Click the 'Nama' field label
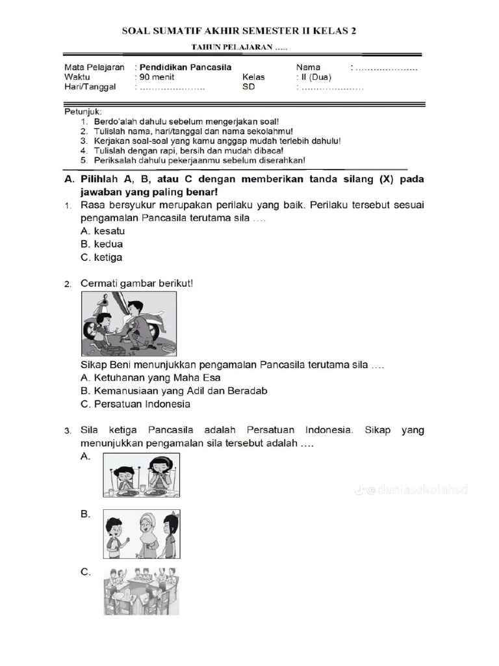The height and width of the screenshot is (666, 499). tap(309, 67)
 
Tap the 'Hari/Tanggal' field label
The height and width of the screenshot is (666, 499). tap(90, 87)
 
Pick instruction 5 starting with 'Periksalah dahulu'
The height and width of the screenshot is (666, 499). tap(193, 160)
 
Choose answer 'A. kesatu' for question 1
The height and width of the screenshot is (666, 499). tap(103, 231)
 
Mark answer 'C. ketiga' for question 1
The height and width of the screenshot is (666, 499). tap(101, 257)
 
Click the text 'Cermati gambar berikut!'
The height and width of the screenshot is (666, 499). tap(136, 284)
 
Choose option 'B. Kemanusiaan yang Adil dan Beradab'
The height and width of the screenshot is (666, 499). tap(173, 390)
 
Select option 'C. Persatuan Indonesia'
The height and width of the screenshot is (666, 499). tap(135, 404)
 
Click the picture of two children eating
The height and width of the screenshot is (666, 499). tap(141, 475)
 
